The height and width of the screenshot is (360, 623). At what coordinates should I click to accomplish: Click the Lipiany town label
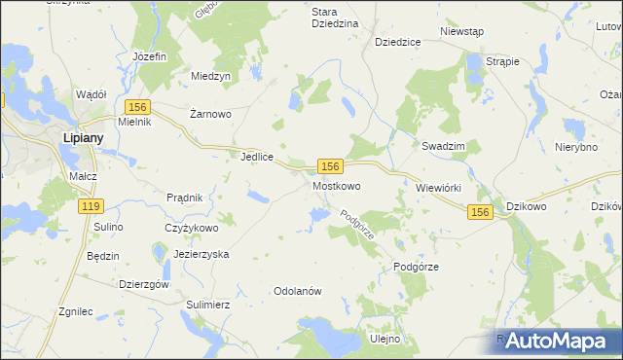point(84,138)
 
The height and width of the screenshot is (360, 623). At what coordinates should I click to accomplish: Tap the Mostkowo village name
point(337,185)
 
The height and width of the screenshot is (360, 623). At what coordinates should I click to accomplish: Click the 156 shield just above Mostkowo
point(330,168)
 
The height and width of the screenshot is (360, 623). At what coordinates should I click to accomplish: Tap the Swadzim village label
point(443,145)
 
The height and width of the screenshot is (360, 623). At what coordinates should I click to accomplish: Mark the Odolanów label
point(298,291)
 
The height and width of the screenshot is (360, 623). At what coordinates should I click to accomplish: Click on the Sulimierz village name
point(207,305)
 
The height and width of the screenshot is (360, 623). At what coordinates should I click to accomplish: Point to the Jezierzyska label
point(201,253)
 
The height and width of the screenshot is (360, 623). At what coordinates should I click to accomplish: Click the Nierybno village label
point(575,147)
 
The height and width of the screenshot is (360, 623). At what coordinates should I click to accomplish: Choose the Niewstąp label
point(461,31)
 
